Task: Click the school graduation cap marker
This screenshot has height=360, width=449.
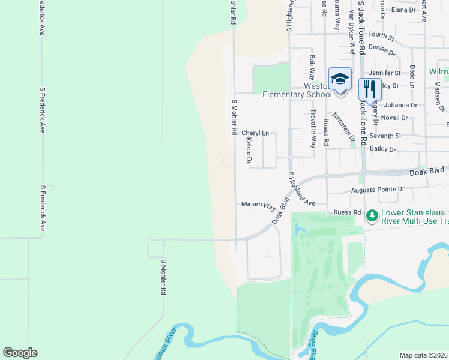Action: [340, 79]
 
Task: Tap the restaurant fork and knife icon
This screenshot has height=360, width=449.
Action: [370, 89]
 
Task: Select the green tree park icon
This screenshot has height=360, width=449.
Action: [372, 215]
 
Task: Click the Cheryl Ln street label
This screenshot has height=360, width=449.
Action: [255, 133]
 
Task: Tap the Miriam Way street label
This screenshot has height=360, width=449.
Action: [258, 205]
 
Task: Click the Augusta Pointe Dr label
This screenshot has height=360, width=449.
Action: [378, 190]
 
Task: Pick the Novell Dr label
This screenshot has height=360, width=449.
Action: [394, 118]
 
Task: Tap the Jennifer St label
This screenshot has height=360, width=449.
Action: [384, 73]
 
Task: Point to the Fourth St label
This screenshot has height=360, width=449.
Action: [381, 37]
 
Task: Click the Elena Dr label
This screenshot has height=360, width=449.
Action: [403, 10]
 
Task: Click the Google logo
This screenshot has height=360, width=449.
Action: [20, 353]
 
